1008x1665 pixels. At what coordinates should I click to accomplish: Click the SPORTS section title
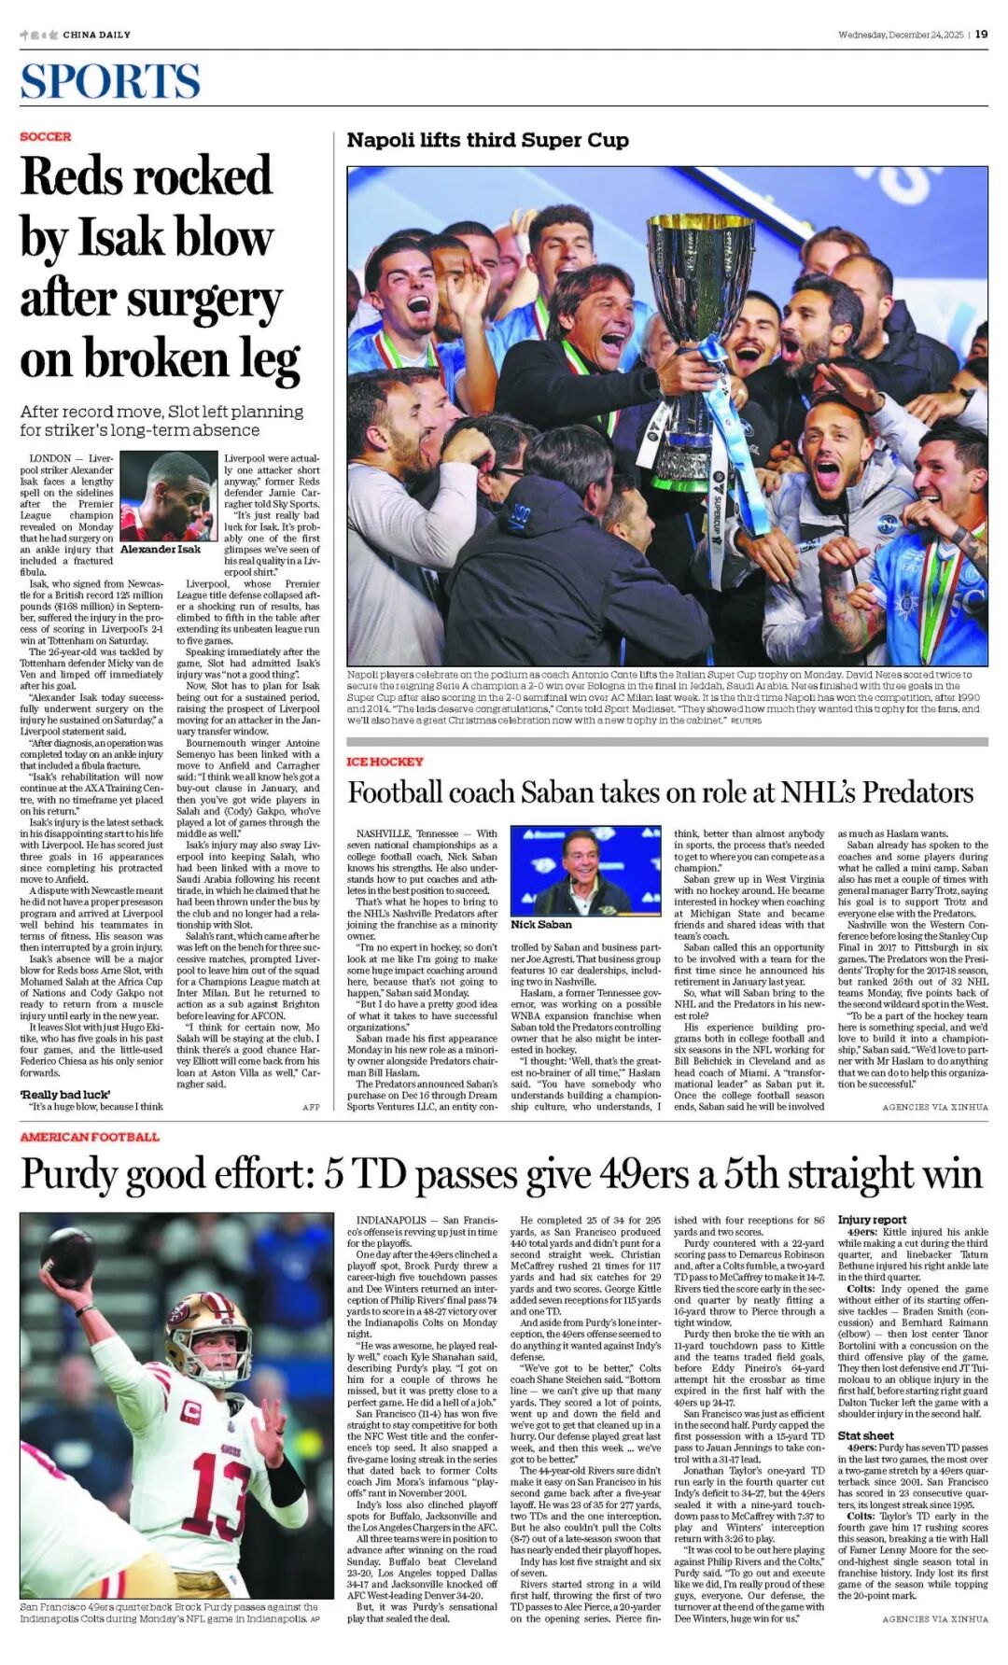click(110, 81)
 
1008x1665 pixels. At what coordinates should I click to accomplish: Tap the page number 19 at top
click(981, 35)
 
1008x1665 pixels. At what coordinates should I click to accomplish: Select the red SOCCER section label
click(46, 136)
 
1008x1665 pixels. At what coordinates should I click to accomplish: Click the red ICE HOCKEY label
click(385, 762)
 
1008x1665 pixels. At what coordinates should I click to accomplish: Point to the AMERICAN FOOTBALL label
click(90, 1137)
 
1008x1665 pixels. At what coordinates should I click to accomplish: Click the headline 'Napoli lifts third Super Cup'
click(487, 140)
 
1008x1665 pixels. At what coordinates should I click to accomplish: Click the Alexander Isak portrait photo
click(169, 497)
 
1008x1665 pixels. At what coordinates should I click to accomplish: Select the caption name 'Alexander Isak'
click(161, 549)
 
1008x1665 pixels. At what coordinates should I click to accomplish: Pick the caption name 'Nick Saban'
click(541, 924)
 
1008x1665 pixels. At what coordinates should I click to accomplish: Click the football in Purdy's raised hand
click(67, 1257)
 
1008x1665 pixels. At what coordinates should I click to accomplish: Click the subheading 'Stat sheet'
click(865, 1435)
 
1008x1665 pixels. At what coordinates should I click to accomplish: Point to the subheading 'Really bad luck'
click(65, 1094)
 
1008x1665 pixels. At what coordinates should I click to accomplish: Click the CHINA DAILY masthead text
click(96, 35)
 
